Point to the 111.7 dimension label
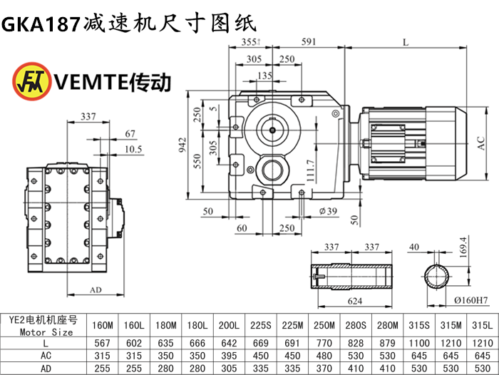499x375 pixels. coord(309,173)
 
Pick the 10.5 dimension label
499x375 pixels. coord(133,148)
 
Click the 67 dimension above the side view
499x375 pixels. coord(129,133)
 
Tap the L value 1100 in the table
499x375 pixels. coord(418,341)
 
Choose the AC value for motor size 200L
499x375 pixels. coord(228,354)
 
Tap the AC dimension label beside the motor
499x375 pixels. coord(480,143)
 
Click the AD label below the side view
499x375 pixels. coord(95,290)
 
